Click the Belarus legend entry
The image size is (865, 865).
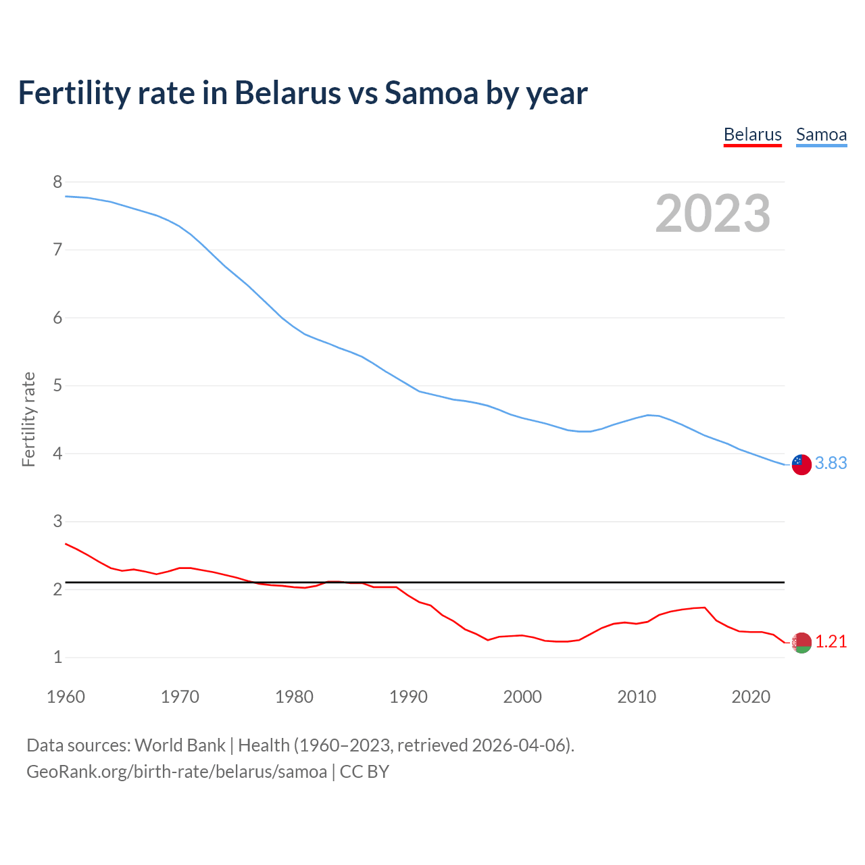click(x=752, y=134)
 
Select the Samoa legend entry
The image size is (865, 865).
click(x=821, y=134)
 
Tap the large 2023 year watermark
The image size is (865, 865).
click(x=713, y=214)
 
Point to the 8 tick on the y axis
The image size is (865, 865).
click(x=57, y=182)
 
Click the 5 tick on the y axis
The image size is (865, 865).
click(x=57, y=386)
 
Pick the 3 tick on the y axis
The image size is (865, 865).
click(x=57, y=522)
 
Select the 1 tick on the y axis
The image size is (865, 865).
click(x=57, y=658)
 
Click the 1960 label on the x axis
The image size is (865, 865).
click(x=66, y=697)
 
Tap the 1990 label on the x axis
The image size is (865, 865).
click(x=408, y=697)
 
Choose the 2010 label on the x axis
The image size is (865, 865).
click(x=637, y=697)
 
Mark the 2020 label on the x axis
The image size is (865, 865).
click(x=751, y=697)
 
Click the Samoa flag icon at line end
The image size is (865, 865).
click(x=801, y=464)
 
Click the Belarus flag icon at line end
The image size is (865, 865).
click(x=801, y=643)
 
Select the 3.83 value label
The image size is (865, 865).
click(x=831, y=463)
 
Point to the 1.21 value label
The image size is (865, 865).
click(x=831, y=641)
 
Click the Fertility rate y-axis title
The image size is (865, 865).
click(x=28, y=419)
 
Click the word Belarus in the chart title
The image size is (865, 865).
click(x=287, y=93)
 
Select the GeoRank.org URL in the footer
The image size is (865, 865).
click(x=176, y=771)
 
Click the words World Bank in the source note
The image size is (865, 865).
click(x=180, y=745)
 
